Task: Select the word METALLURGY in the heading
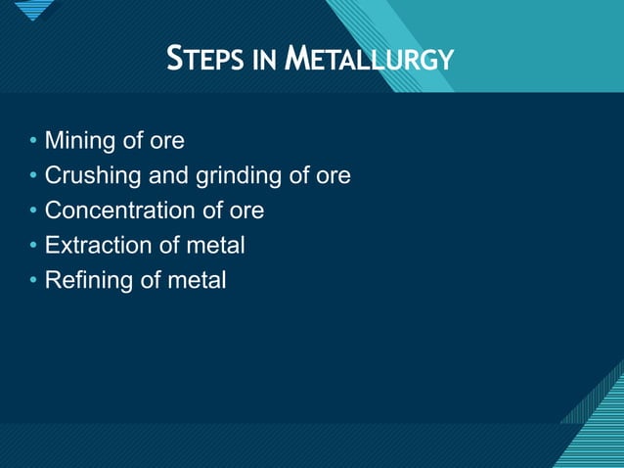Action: pos(370,61)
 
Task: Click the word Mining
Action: pos(79,142)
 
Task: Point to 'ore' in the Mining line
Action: pos(166,142)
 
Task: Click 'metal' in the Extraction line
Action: pos(215,245)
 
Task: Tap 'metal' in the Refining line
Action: pos(197,280)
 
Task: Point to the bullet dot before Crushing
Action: pos(33,177)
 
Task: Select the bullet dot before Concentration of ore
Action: pos(33,211)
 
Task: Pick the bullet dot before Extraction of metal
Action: pos(33,246)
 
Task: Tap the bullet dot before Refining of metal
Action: pos(33,281)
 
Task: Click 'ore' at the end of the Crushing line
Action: pos(333,177)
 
